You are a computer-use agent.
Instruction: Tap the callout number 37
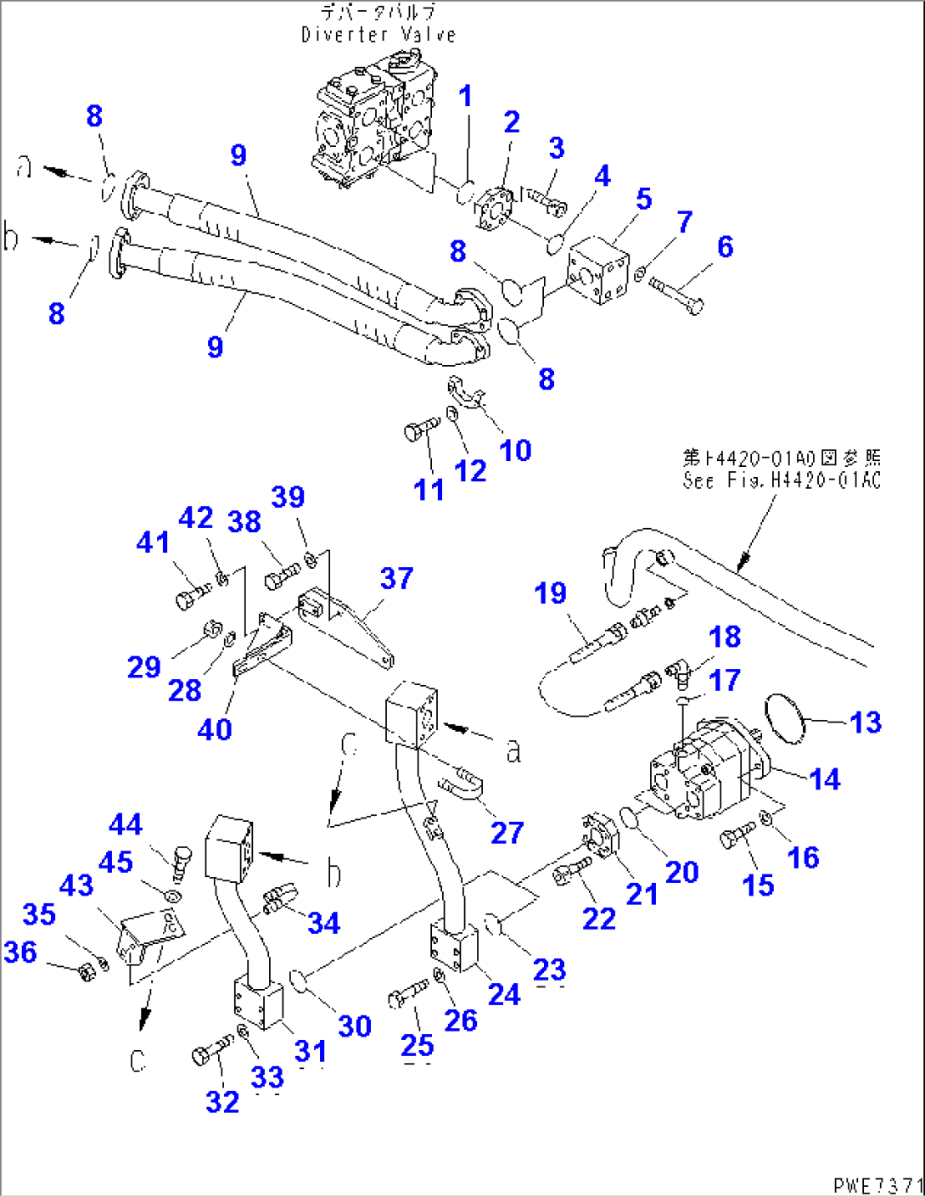pyautogui.click(x=396, y=578)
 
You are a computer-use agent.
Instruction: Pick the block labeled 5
pyautogui.click(x=597, y=270)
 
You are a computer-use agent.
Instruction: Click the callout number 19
pyautogui.click(x=550, y=593)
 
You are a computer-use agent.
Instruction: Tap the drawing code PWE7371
pyautogui.click(x=877, y=1184)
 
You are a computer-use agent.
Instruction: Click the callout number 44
pyautogui.click(x=126, y=823)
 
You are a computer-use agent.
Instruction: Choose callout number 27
pyautogui.click(x=507, y=832)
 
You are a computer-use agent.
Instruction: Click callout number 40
pyautogui.click(x=214, y=728)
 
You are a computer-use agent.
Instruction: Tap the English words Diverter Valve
pyautogui.click(x=378, y=35)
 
